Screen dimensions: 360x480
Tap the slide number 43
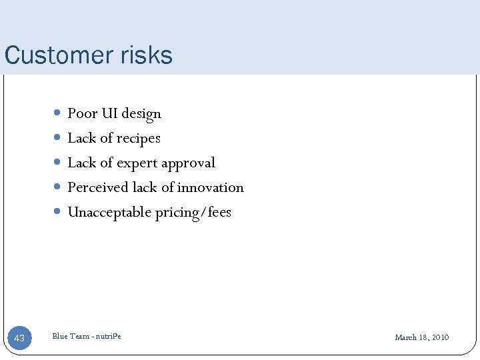[x=19, y=338]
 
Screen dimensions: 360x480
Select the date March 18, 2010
[x=421, y=337]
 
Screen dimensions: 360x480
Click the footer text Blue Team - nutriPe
[x=87, y=336]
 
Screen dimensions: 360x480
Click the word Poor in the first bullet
[x=83, y=113]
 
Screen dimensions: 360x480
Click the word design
[x=141, y=114]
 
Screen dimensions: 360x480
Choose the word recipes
[x=139, y=139]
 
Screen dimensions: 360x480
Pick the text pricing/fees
[x=193, y=213]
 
